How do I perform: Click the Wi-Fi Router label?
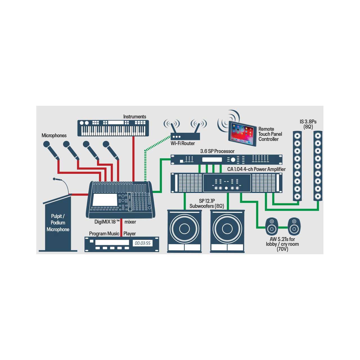183,143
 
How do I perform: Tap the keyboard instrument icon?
113,128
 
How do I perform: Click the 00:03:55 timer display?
143,243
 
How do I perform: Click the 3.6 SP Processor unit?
226,159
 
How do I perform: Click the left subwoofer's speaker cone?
184,229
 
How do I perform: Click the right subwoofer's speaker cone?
227,229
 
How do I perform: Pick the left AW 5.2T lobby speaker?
272,226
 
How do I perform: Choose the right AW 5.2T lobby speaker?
294,226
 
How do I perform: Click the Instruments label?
134,116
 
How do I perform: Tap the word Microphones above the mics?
54,136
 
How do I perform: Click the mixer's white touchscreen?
105,200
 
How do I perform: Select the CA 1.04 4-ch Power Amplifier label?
256,169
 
